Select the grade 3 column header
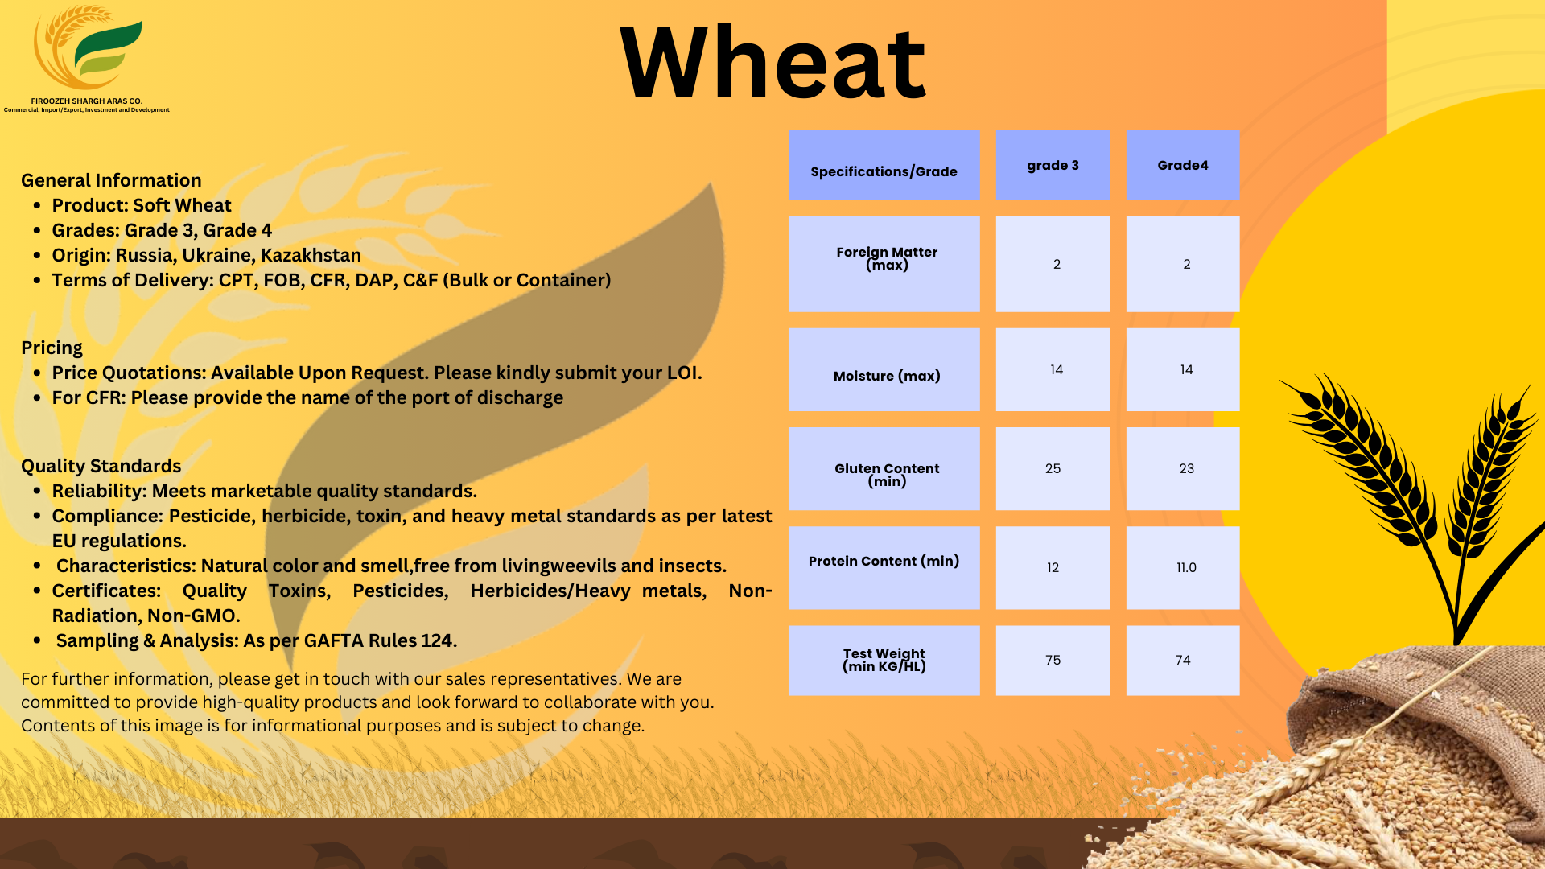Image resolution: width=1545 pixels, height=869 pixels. (1053, 165)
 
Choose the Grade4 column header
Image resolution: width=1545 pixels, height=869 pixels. (1182, 165)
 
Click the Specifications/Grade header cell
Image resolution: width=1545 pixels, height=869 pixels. (884, 171)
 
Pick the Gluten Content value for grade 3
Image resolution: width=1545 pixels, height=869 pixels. (1053, 468)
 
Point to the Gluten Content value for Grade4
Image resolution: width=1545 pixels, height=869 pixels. (1186, 468)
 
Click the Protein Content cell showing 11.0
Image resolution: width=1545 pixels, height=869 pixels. (1186, 567)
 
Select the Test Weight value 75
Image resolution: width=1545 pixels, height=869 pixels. (1053, 660)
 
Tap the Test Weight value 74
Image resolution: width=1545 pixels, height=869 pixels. (1182, 660)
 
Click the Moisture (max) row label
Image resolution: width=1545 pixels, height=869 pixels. (886, 376)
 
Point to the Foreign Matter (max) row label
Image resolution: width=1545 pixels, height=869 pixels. (887, 258)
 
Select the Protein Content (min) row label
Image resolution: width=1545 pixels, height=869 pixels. (884, 561)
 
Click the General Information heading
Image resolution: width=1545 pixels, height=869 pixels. (111, 180)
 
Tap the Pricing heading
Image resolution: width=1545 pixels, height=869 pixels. (51, 348)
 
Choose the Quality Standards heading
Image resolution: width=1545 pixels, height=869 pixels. (101, 466)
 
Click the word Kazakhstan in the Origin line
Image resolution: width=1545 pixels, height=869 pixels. (311, 255)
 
